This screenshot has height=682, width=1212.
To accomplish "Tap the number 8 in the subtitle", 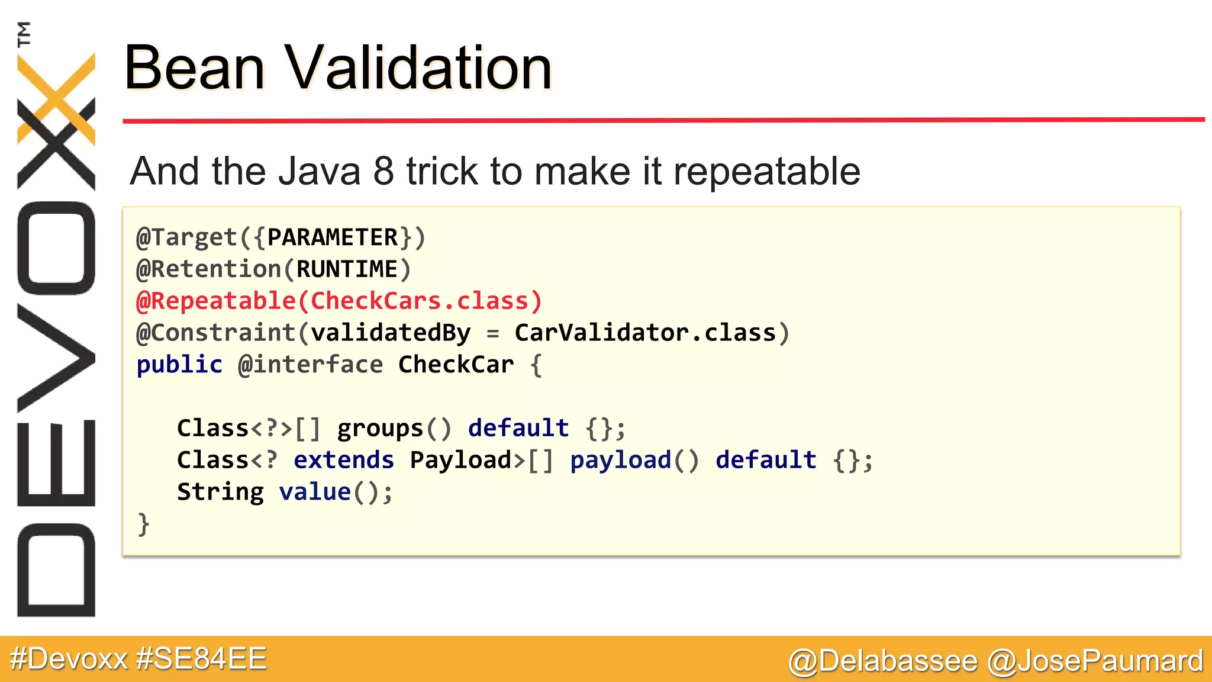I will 383,172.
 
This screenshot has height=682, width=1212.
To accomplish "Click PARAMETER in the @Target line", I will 333,237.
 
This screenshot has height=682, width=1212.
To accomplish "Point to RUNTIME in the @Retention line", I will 347,269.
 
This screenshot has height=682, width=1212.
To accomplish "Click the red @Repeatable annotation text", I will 216,301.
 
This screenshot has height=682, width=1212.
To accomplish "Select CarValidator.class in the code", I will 645,333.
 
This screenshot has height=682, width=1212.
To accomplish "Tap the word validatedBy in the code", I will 391,333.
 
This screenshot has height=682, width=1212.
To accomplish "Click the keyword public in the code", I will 179,365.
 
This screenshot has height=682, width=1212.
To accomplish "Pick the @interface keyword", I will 310,365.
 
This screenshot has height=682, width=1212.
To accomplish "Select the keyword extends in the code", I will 344,461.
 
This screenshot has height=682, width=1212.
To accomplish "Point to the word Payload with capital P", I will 460,461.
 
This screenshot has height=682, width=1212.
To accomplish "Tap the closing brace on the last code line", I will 143,525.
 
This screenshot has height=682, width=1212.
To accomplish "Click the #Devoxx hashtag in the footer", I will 69,659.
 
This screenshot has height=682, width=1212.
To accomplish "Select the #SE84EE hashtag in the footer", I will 201,659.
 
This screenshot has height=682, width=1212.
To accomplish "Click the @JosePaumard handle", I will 1095,661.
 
